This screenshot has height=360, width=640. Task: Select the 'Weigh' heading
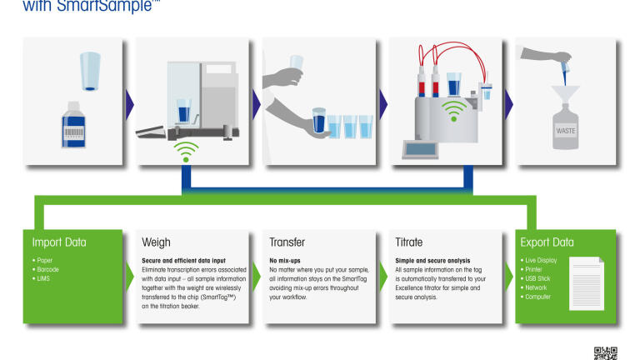(156, 242)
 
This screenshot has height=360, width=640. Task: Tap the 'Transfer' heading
(287, 242)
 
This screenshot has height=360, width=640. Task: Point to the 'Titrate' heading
(412, 242)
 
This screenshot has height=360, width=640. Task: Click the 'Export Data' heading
(547, 242)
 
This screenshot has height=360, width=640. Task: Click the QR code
(605, 352)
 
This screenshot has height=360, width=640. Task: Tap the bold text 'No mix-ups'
(286, 260)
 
